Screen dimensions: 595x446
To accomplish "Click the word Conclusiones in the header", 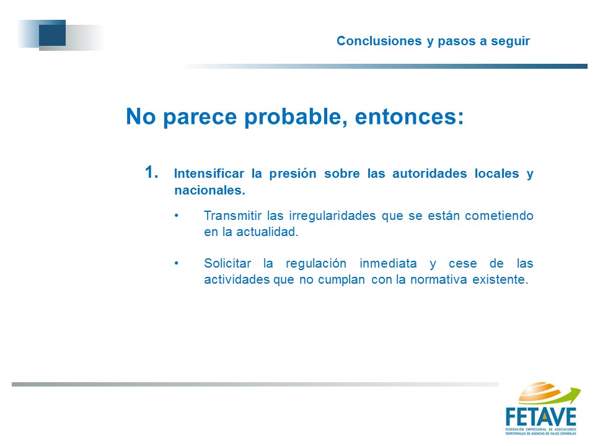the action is [379, 41].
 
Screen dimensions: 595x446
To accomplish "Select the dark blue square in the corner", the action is [52, 33].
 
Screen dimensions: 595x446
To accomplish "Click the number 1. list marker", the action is [151, 172].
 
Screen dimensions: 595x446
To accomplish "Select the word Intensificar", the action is [209, 173].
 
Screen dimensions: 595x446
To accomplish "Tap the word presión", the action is [293, 174].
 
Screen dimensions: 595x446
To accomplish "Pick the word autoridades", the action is [430, 173].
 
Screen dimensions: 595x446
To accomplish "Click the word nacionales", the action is [209, 190].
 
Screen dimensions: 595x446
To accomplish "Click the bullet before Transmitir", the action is [177, 216].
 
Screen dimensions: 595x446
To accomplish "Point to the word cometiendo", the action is [499, 216].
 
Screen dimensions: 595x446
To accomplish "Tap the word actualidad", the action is [267, 232].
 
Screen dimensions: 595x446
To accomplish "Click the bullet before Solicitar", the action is [177, 263].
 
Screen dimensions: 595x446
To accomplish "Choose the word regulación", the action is [316, 264].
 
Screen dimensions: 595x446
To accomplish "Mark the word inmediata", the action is [388, 263].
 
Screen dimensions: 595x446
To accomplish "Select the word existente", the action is [500, 279].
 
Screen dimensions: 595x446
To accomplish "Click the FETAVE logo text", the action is [540, 417].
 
